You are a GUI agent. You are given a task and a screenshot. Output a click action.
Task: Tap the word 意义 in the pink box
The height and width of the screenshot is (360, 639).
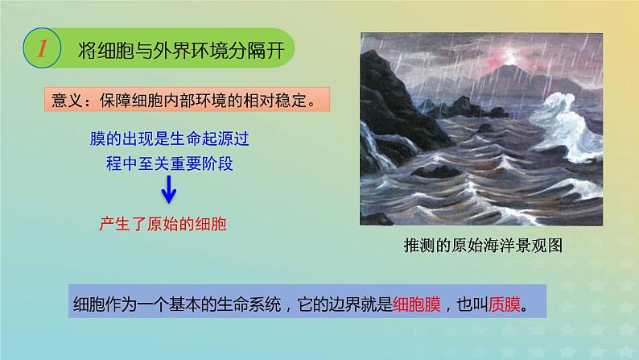tap(68, 102)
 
